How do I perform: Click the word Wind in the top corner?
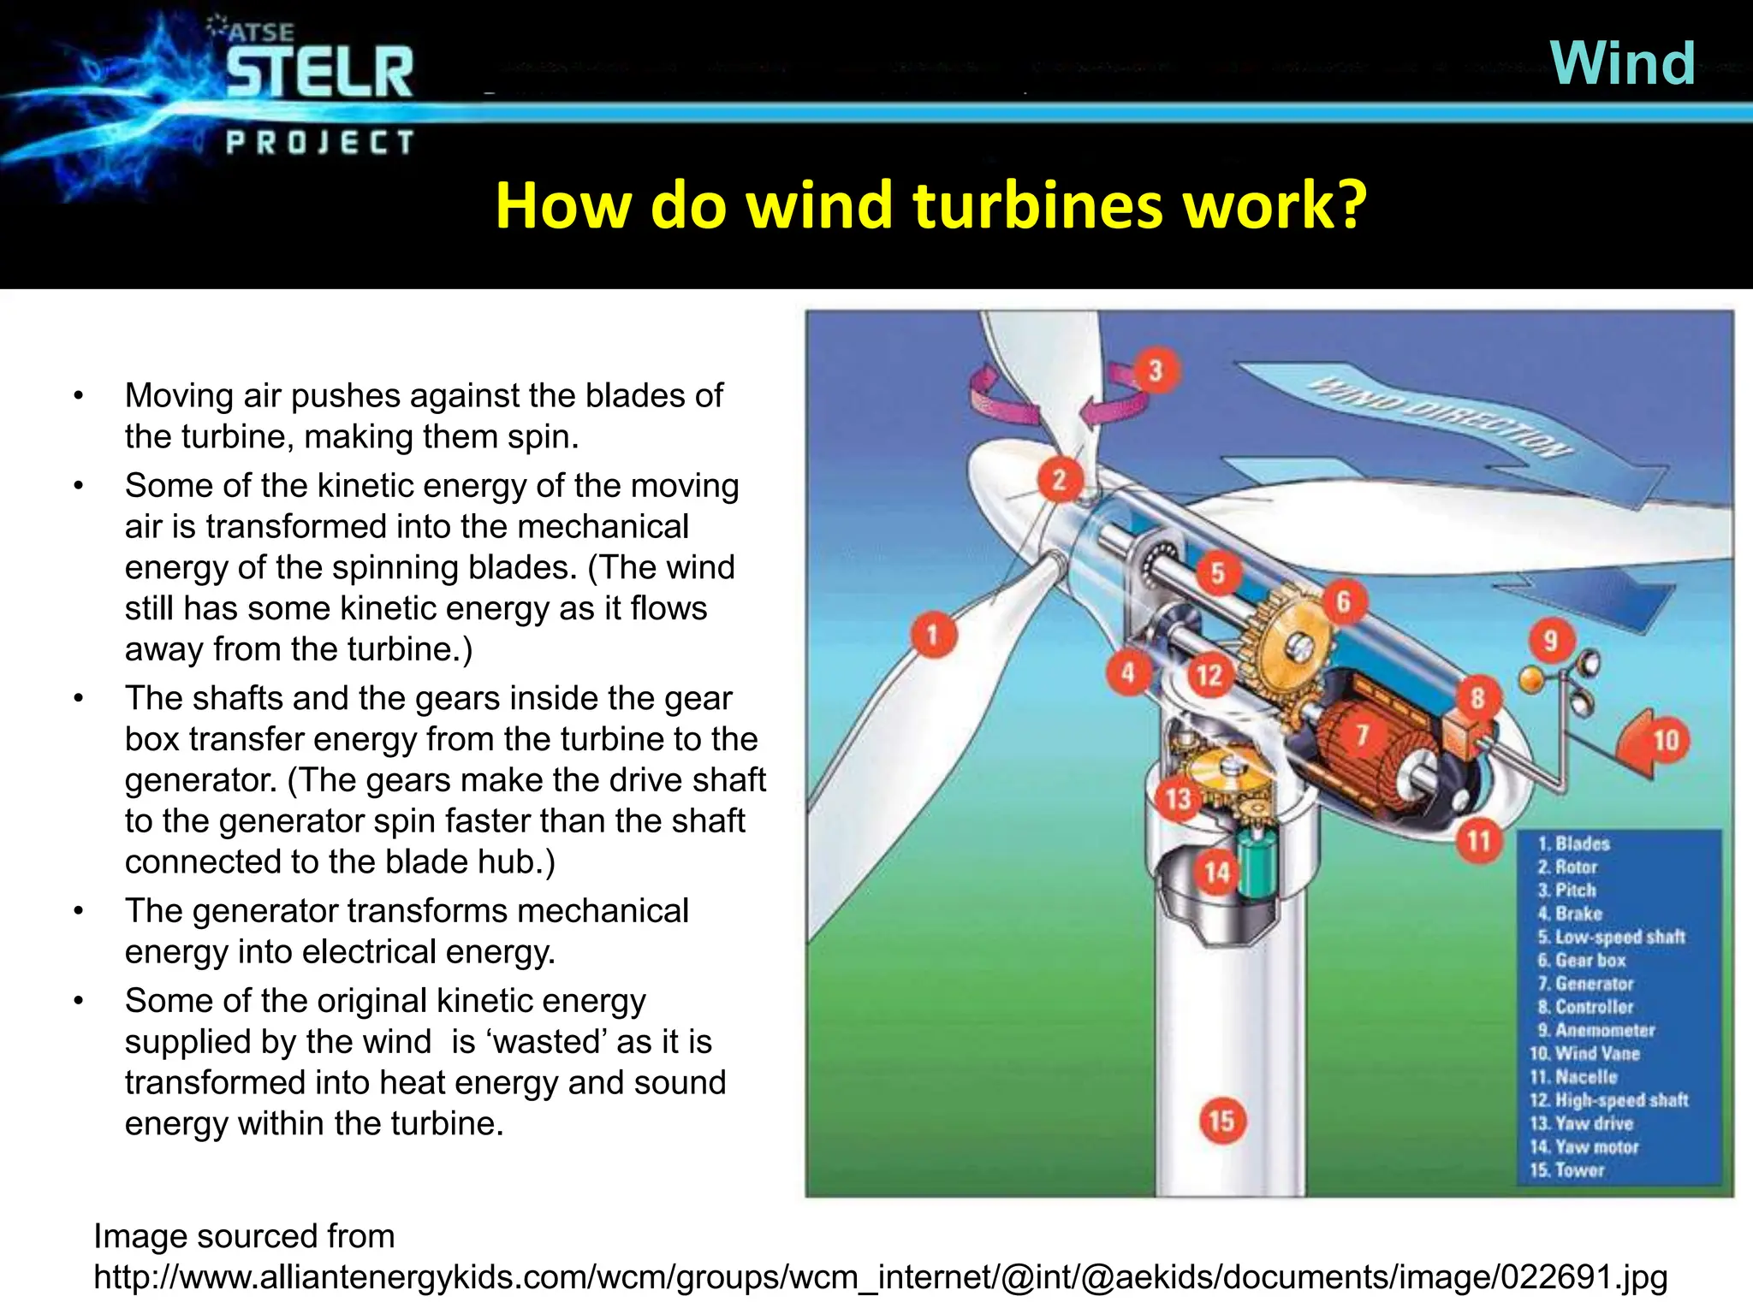1622,63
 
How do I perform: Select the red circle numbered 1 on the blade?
932,635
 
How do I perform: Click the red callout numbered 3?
1156,371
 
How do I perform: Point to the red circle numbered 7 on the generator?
1362,734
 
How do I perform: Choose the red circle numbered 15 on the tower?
1221,1121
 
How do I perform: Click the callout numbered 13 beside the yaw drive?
1179,799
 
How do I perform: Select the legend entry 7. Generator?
1585,984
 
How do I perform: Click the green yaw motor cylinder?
1256,867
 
